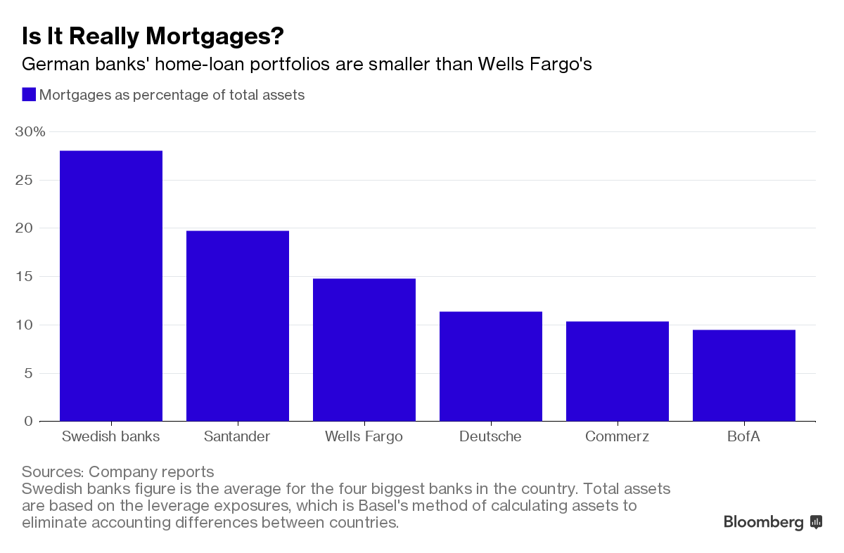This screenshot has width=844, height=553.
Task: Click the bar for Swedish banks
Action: coord(111,286)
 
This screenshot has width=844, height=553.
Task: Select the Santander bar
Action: coord(238,326)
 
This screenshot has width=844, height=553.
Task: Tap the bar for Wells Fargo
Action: coord(364,350)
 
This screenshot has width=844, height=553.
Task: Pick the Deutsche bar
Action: coord(491,366)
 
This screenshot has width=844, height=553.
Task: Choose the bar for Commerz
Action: coord(618,371)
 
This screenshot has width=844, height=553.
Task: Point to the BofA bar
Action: coord(744,375)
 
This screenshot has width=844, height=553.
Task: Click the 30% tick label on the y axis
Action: coord(30,132)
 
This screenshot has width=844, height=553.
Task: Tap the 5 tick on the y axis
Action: coord(28,373)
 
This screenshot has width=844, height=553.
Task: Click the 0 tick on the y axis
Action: coord(28,421)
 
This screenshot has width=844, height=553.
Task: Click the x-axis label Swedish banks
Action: coord(111,436)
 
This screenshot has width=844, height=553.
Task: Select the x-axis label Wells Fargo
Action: coord(364,436)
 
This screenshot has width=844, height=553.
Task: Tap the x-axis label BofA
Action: coord(744,436)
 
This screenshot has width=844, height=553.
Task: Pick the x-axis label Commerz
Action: coord(617,436)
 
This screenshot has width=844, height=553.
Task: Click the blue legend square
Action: coord(29,94)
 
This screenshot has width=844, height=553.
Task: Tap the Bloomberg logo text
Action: coord(763,522)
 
